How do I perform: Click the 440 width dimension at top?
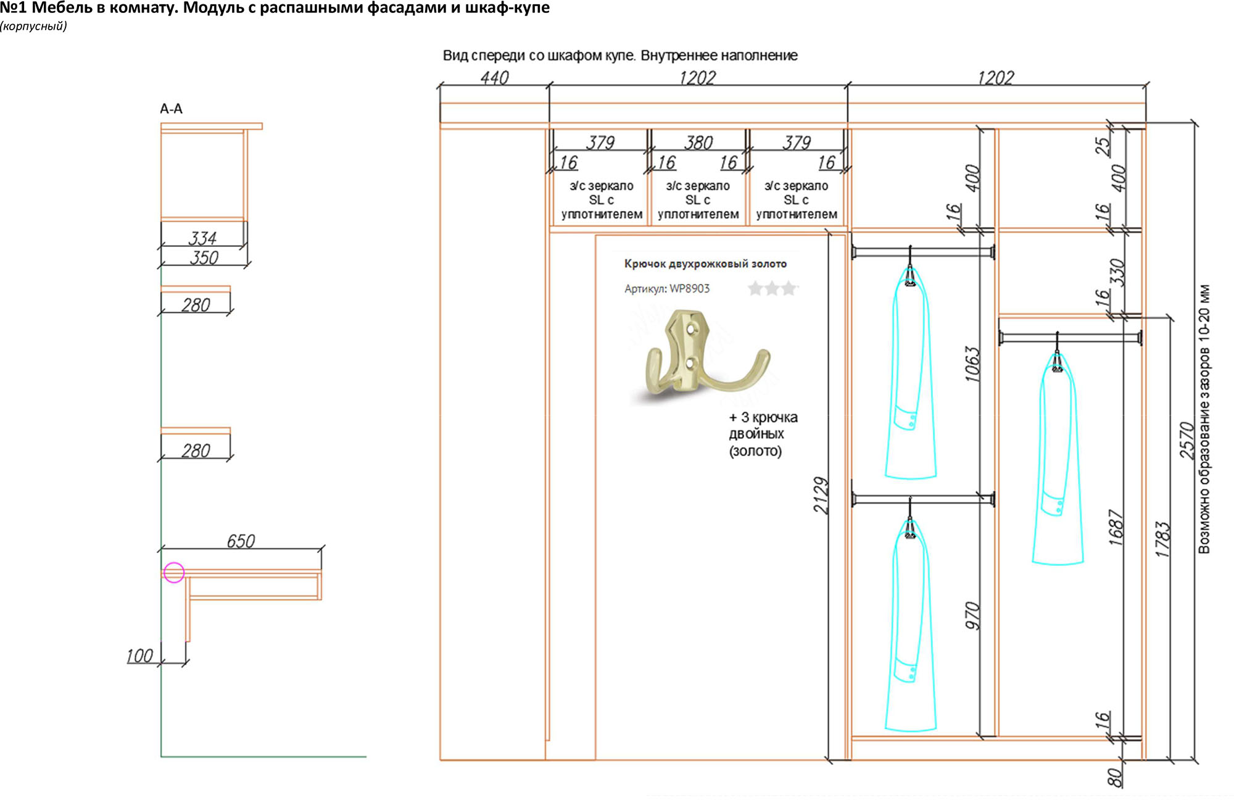495,78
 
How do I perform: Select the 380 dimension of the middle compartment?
698,143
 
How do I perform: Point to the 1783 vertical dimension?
1162,539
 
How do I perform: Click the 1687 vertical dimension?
1116,527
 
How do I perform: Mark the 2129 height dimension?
821,495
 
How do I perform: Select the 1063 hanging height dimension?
972,364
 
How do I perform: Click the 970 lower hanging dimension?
972,615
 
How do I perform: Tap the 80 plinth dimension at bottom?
1114,778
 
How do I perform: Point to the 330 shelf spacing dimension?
1117,272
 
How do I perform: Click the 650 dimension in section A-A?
241,541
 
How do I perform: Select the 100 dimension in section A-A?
139,656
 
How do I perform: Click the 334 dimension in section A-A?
202,238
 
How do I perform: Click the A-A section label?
171,109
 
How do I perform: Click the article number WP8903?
690,288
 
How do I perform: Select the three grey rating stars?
772,288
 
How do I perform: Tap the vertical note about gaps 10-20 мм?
1204,419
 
